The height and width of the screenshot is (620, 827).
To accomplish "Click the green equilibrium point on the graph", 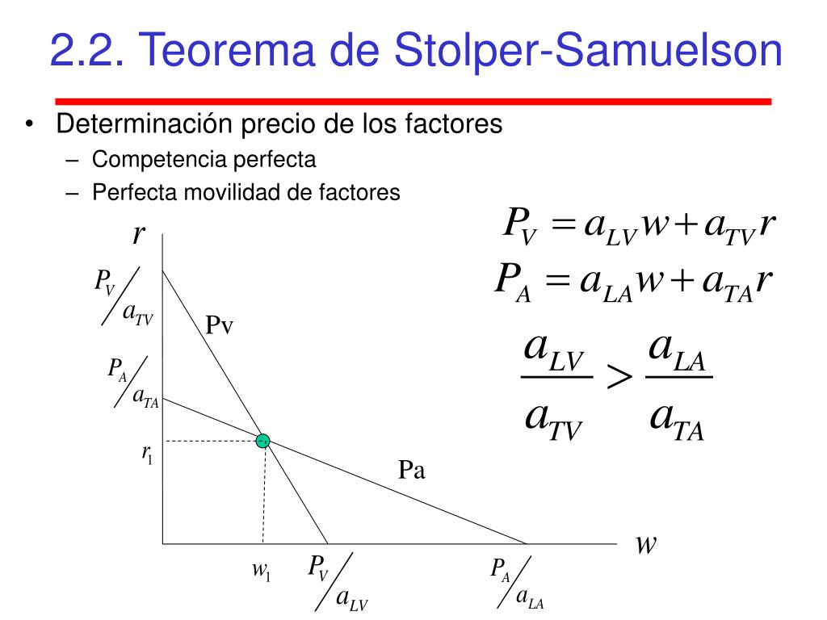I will (262, 441).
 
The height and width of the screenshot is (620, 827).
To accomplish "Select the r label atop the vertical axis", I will (139, 235).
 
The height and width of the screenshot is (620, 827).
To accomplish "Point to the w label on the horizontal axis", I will (644, 545).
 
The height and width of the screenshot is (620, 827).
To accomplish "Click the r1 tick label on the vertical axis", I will (147, 455).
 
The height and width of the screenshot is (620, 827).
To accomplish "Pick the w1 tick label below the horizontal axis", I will (261, 571).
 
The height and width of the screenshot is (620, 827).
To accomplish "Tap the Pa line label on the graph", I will (412, 470).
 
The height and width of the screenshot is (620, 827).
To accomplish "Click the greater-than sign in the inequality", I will (620, 378).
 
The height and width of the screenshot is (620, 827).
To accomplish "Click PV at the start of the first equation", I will (519, 224).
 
